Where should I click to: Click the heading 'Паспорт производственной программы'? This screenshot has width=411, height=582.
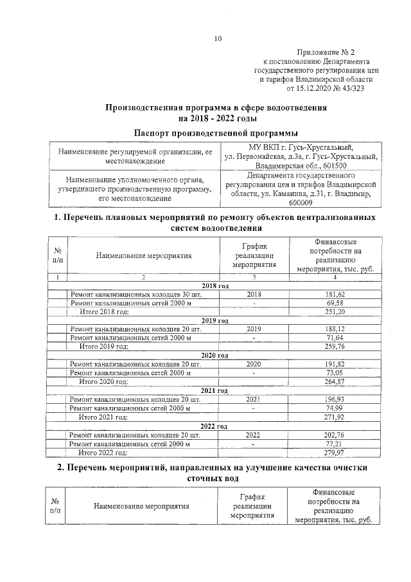[x=216, y=132]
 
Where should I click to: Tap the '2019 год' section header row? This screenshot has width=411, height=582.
[x=215, y=320]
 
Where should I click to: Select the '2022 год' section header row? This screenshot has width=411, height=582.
[x=215, y=426]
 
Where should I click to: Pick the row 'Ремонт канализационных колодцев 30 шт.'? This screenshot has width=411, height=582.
[x=136, y=294]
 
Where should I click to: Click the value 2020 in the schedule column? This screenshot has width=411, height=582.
[x=254, y=364]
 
